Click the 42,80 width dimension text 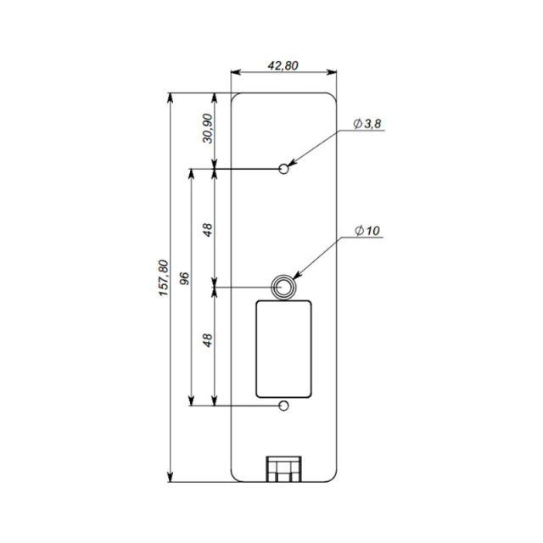tap(283, 66)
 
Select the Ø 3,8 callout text tap(369, 125)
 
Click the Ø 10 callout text tap(367, 231)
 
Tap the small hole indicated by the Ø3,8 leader tap(284, 169)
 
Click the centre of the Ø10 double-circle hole tap(283, 287)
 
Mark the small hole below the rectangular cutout tap(284, 405)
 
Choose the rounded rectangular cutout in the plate tap(283, 350)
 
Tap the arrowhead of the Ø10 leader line tap(296, 274)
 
